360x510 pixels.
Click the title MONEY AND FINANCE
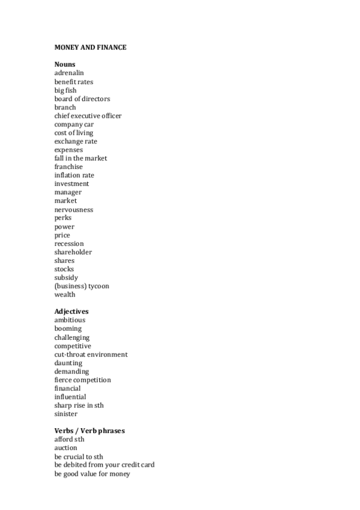[90, 48]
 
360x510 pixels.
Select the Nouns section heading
[64, 64]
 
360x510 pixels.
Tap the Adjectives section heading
[72, 312]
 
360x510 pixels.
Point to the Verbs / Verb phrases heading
[90, 431]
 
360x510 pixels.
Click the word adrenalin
[69, 73]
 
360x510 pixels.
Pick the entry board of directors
[82, 99]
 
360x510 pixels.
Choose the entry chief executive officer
[88, 115]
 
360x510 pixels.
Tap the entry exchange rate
[76, 141]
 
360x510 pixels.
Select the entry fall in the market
[81, 158]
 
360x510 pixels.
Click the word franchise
[69, 167]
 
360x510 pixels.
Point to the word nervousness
[73, 210]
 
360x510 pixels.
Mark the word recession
[69, 244]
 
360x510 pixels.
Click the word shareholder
[73, 252]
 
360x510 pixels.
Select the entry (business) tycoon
[82, 286]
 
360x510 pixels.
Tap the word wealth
[65, 295]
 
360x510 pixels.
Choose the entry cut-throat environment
[91, 355]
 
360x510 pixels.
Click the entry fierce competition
[82, 380]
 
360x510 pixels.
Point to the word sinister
[66, 414]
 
